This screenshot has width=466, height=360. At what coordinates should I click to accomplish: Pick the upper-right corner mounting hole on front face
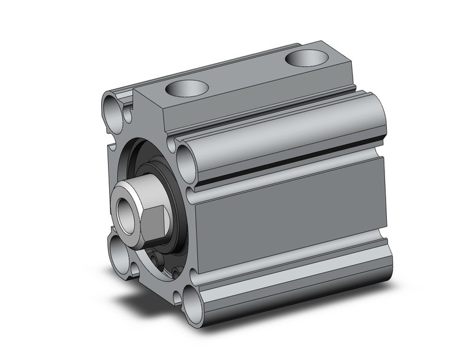(x=186, y=161)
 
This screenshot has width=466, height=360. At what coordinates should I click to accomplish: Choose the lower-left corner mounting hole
(x=118, y=248)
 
